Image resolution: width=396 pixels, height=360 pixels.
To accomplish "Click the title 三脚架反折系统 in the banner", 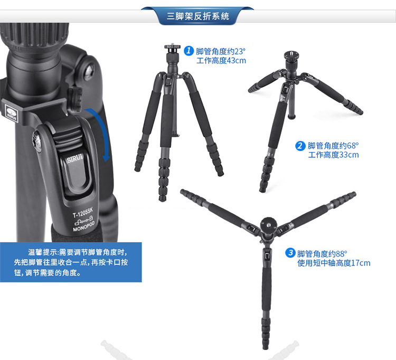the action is [198, 16].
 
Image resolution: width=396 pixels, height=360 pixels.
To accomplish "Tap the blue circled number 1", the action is [188, 51].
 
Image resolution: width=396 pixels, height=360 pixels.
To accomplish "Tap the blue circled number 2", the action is [300, 146].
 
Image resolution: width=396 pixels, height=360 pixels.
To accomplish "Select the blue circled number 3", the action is [290, 253].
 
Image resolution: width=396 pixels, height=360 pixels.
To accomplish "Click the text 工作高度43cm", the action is [221, 61].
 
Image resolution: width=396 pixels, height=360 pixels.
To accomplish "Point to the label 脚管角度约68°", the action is [333, 145].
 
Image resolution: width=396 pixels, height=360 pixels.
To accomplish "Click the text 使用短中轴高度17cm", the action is [334, 263].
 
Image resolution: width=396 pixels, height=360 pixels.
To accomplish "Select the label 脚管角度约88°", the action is [322, 253].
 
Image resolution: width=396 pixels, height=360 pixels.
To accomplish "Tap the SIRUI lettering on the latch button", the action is [75, 159].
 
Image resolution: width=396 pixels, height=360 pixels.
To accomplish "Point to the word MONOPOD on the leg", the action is [84, 226].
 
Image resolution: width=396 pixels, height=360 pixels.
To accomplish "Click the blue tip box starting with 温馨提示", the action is [71, 262].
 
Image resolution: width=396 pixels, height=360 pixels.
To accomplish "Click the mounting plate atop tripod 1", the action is [173, 46].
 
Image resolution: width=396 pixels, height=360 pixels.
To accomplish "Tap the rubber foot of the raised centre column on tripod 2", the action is [291, 117].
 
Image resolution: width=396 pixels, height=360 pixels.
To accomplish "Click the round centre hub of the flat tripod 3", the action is [268, 224].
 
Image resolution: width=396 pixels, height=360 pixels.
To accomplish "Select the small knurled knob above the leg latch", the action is [75, 99].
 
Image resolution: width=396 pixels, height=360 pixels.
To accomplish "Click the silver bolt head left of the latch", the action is [37, 141].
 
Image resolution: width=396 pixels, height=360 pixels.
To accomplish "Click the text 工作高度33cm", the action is [333, 155].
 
